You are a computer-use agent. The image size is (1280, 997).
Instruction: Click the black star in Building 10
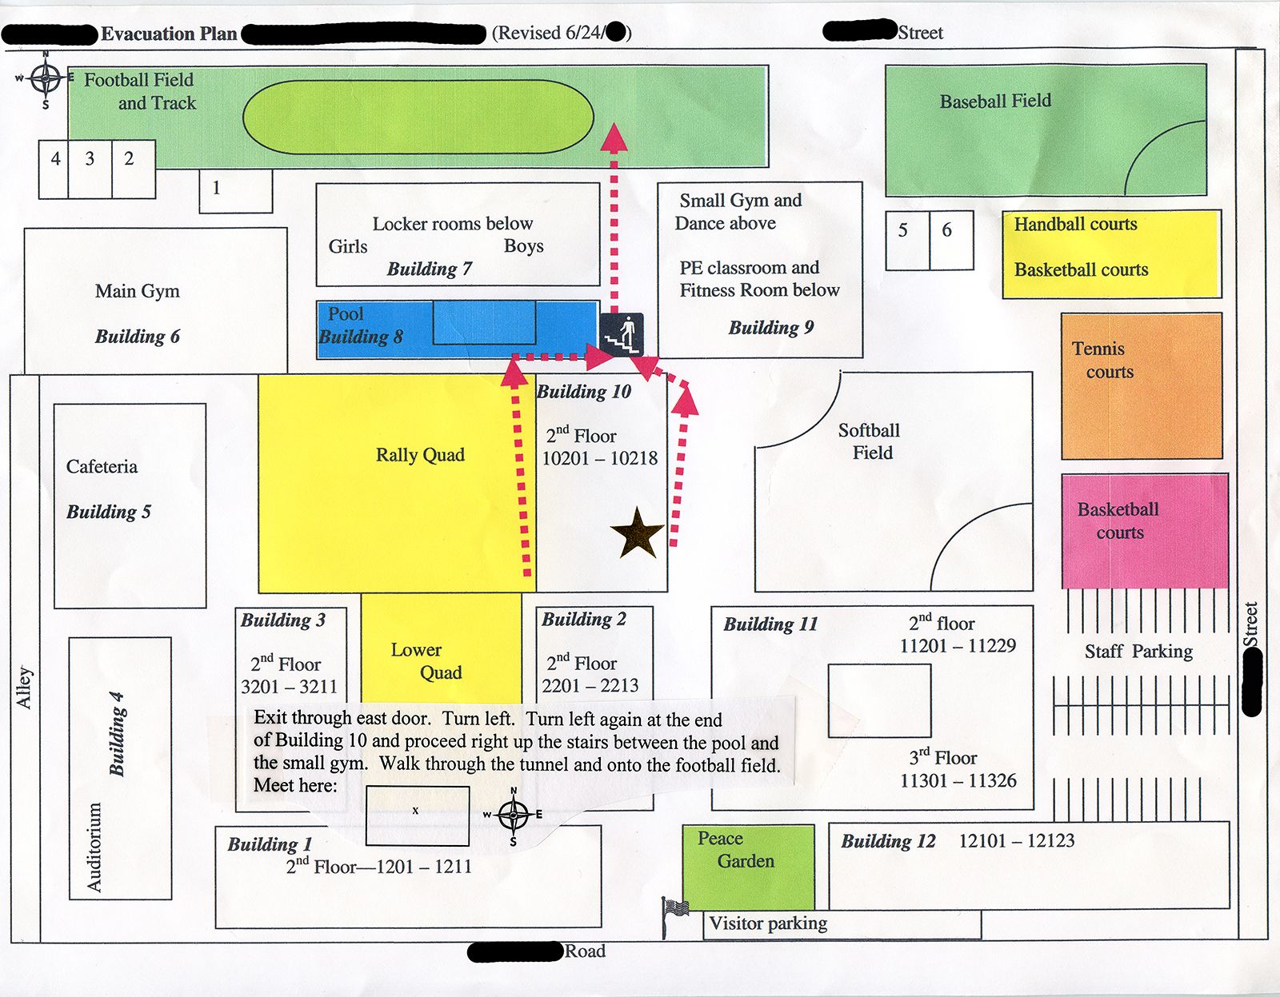pos(637,532)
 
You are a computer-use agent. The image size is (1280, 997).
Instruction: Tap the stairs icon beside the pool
pos(622,335)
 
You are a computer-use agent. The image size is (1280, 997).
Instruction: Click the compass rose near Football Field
pos(45,78)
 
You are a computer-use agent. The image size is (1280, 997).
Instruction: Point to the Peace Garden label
pos(734,850)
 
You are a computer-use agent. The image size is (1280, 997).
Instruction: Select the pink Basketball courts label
pos(1118,520)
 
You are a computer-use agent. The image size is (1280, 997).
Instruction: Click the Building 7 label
pos(430,269)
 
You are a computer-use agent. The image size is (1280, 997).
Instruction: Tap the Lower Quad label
pos(426,661)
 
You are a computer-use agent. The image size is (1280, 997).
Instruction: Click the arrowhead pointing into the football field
pos(614,137)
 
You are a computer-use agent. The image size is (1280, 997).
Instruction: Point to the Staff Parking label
pos(1138,652)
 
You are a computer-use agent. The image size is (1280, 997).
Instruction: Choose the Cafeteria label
pos(102,466)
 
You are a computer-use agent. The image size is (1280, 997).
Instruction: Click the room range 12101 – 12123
pos(1016,840)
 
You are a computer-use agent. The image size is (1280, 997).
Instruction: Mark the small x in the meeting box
pos(415,811)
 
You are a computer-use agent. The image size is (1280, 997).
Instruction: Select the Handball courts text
pos(1075,224)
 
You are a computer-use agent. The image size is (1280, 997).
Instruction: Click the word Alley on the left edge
pos(25,688)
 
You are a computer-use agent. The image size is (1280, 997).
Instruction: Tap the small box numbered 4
pos(55,158)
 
